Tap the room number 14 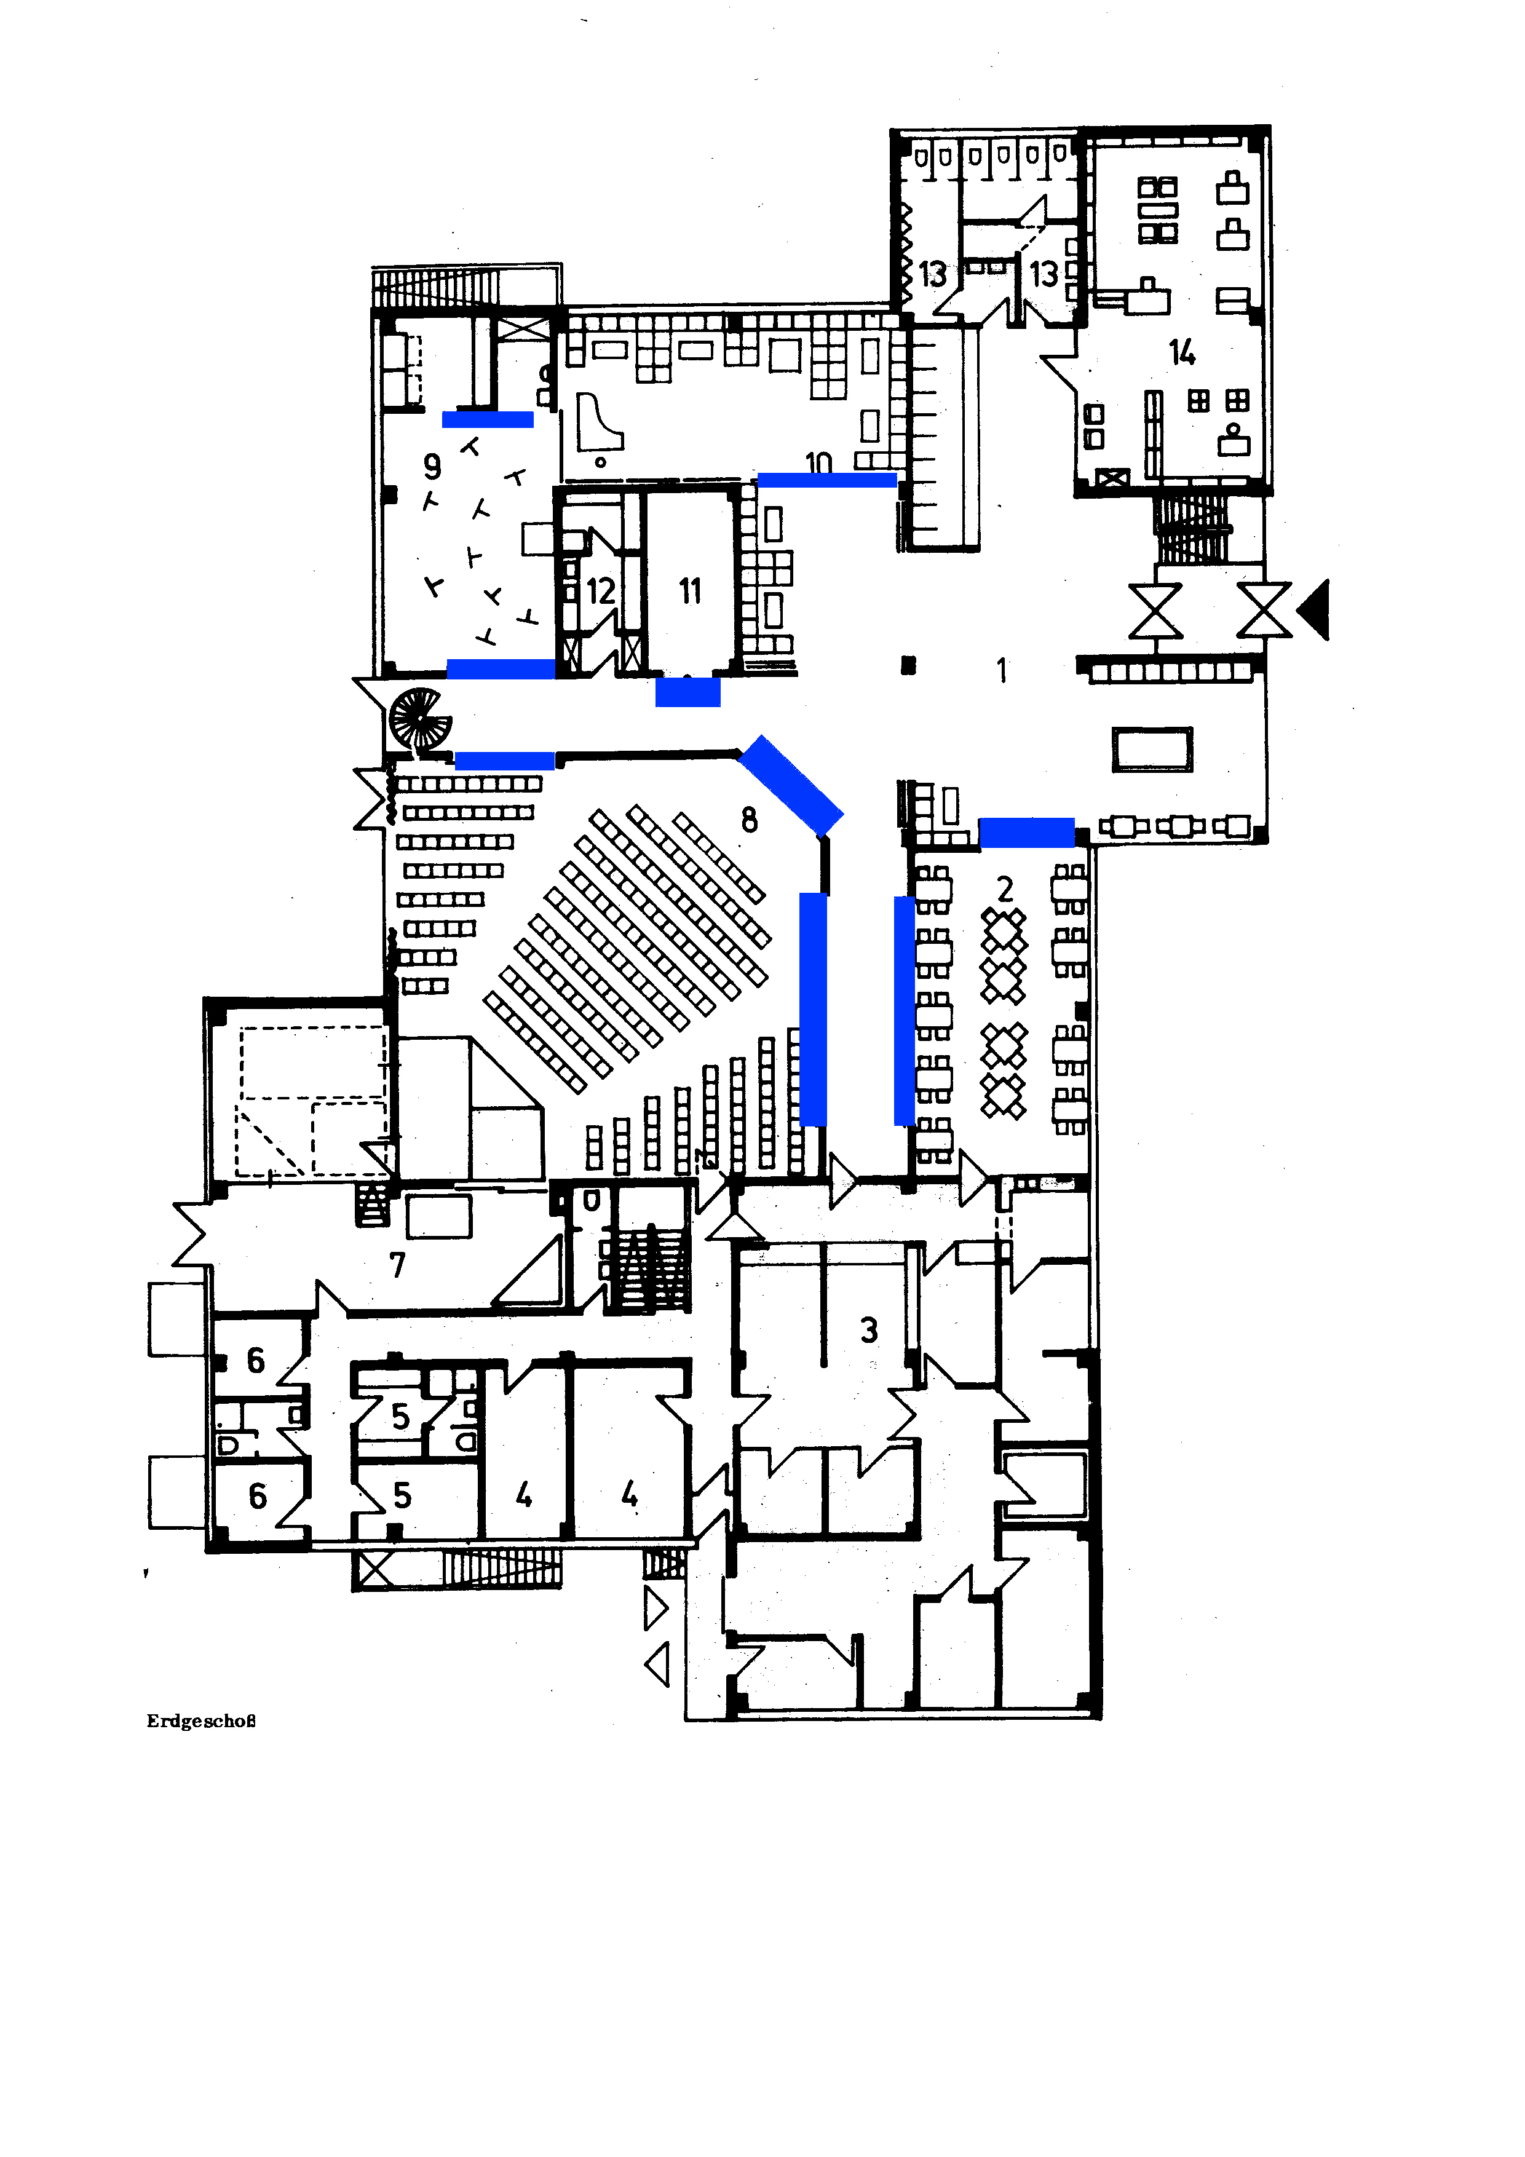coord(1181,352)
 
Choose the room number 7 coord(397,1265)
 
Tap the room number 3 coord(869,1329)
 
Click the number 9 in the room coord(432,466)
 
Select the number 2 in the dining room coord(1004,888)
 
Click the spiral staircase coord(420,721)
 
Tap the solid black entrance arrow coord(1313,610)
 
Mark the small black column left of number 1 coord(908,665)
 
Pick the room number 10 coord(818,462)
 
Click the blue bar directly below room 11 coord(688,692)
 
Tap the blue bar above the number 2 coord(1027,833)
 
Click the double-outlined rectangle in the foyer coord(1152,750)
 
